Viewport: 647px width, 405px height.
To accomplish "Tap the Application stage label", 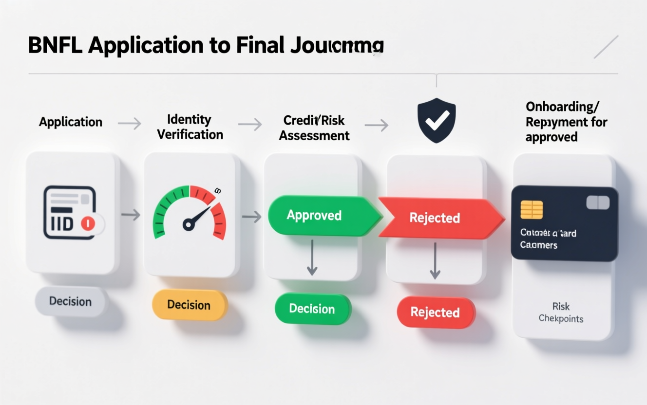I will click(x=71, y=122).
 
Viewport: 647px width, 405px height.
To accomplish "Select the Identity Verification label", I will click(x=190, y=127).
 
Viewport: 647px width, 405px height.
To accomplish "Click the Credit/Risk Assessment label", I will click(x=314, y=128).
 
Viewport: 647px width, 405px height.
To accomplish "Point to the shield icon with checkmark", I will click(x=436, y=121).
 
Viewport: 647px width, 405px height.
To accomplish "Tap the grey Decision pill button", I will click(x=71, y=301).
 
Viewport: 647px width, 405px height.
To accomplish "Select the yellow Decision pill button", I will click(x=189, y=305).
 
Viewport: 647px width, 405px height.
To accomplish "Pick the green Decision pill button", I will click(x=312, y=309).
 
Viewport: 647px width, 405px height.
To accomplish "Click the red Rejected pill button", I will click(x=435, y=312).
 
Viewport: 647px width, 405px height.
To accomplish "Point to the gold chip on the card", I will click(x=532, y=210).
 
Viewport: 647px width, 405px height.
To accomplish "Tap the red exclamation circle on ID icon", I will click(x=88, y=223).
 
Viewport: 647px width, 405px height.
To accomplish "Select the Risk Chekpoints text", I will click(x=561, y=313).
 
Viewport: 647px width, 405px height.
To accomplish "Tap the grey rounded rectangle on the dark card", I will click(x=598, y=202).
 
